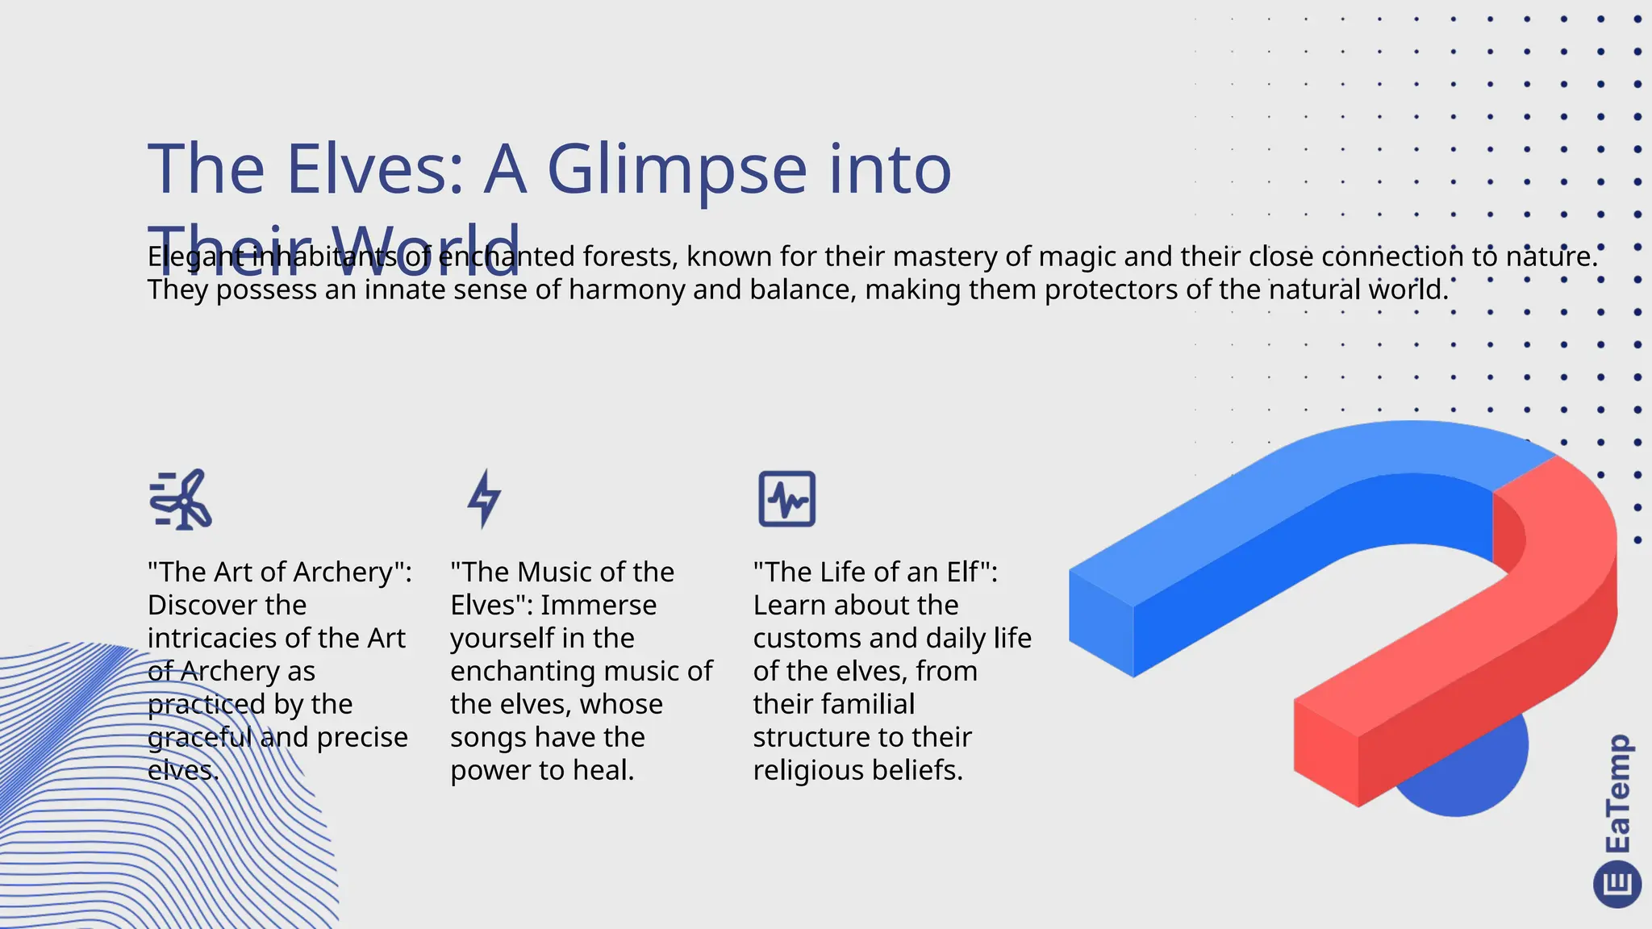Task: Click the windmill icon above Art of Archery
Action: (x=181, y=499)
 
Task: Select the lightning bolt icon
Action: (x=485, y=499)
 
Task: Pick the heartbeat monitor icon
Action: (x=786, y=499)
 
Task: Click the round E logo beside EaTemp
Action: (x=1617, y=884)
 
